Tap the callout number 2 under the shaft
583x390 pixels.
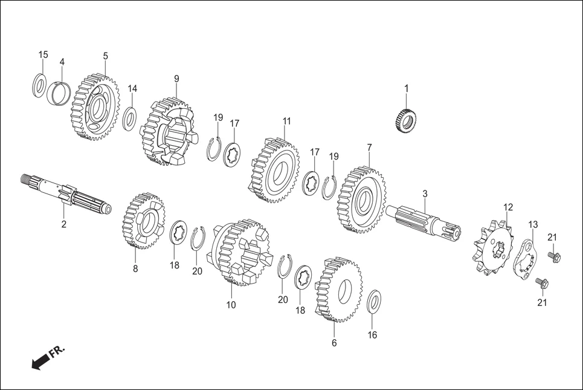click(63, 224)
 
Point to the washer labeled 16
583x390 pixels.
click(375, 302)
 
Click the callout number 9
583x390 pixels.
click(176, 79)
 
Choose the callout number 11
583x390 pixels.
click(286, 121)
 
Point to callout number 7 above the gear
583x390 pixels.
click(369, 147)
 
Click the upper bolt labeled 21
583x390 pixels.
click(554, 256)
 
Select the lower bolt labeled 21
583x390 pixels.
click(541, 282)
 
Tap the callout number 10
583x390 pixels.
click(231, 305)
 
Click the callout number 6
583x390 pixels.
click(334, 343)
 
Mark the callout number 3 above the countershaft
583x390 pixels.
click(425, 193)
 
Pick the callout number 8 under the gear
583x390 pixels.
click(135, 268)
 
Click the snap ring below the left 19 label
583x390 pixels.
click(213, 149)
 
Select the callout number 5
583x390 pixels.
click(105, 56)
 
